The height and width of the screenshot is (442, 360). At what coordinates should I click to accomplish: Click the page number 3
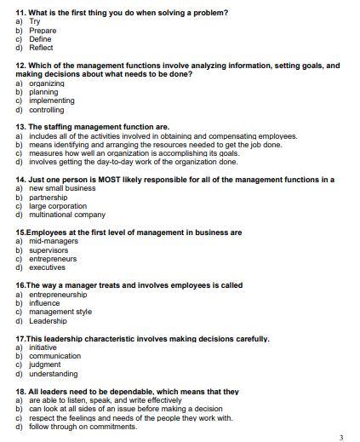click(x=340, y=437)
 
